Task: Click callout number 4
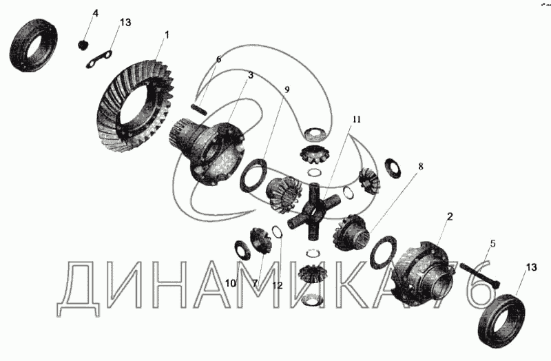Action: [x=95, y=13]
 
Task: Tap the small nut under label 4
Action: [x=83, y=45]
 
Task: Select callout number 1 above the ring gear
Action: [x=167, y=35]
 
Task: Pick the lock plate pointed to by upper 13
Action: [x=99, y=59]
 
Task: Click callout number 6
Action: [x=218, y=59]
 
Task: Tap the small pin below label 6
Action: [x=200, y=108]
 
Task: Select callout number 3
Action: [x=250, y=75]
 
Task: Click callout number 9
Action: [x=287, y=90]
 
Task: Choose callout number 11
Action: [x=357, y=119]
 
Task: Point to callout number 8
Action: [x=421, y=166]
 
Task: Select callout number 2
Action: [x=450, y=216]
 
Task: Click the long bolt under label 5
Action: [x=479, y=276]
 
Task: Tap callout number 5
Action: [x=493, y=243]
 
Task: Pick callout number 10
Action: [x=231, y=283]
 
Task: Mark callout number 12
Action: [x=278, y=285]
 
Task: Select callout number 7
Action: [x=254, y=283]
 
